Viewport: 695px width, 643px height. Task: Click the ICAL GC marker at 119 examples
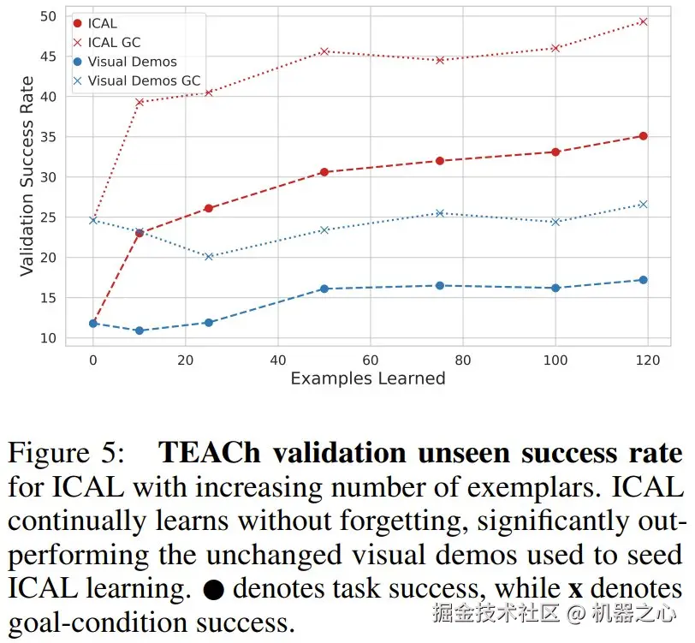coord(643,21)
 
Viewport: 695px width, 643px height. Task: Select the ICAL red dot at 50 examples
coord(324,172)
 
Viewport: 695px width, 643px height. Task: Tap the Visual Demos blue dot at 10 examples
coord(140,330)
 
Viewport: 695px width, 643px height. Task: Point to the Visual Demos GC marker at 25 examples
coord(209,256)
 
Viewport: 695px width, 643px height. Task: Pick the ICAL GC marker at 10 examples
coord(140,102)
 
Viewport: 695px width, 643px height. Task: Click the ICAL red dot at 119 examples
coord(643,136)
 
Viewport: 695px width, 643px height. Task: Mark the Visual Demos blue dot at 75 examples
coord(440,285)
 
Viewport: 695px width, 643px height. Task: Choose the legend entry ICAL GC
coord(114,43)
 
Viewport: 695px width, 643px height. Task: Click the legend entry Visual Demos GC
coord(144,81)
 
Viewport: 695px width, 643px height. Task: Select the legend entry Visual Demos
coord(132,62)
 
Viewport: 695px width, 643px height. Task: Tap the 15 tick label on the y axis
coord(47,298)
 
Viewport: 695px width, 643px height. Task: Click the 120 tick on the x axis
coord(648,360)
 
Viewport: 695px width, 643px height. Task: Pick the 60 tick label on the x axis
coord(371,360)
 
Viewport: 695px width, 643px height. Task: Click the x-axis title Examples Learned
coord(368,378)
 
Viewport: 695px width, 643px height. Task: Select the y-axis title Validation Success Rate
coord(27,176)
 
